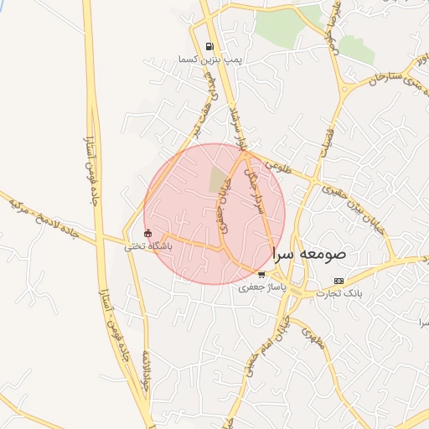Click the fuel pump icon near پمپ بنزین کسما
pos(209,47)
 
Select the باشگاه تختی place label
pos(148,246)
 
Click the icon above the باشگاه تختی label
pos(148,234)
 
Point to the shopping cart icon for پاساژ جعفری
pos(262,274)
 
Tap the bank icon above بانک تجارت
pos(338,280)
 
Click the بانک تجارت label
pos(338,292)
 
